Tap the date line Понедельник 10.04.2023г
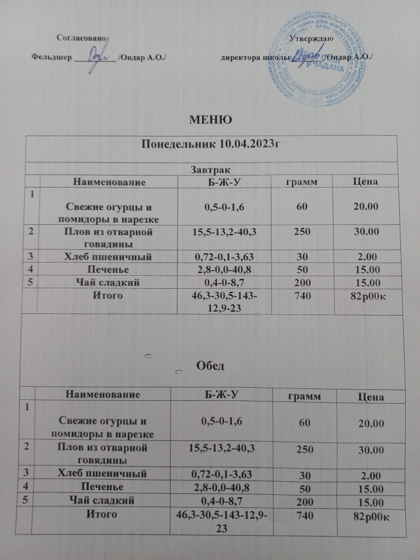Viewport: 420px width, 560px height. [204, 144]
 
